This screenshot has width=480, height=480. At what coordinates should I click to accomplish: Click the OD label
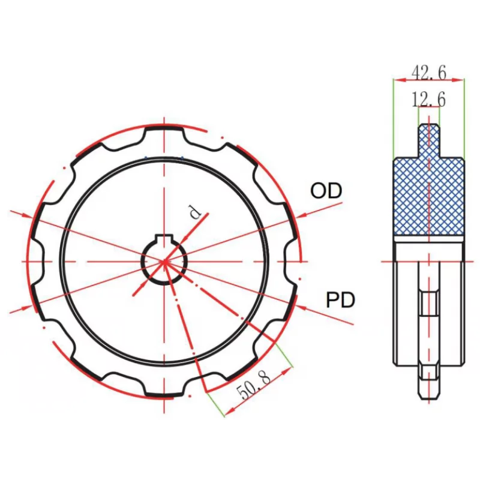click(326, 191)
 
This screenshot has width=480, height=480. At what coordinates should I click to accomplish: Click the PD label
click(340, 300)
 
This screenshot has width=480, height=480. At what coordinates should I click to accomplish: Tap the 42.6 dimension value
click(429, 73)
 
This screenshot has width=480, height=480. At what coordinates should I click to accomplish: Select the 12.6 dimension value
click(429, 99)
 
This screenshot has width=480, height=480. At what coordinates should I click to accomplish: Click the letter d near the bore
click(194, 212)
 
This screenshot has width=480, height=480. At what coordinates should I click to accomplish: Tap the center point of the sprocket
click(164, 262)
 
